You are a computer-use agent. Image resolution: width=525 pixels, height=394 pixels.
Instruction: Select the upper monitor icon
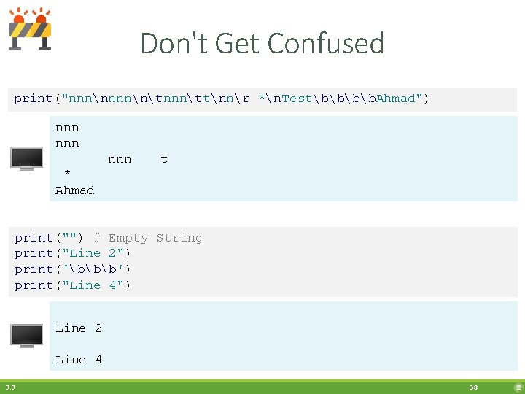point(26,158)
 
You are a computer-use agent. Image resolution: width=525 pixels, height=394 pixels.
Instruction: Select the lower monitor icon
point(26,335)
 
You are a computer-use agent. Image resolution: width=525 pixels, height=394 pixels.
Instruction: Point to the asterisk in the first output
point(67,174)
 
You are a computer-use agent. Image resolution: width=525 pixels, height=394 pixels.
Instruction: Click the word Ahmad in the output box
point(75,190)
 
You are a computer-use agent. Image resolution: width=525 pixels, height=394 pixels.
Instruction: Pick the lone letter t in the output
point(164,159)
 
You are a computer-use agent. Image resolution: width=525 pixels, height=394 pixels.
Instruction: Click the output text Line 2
point(79,328)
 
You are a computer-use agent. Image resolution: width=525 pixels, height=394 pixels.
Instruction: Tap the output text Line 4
point(79,359)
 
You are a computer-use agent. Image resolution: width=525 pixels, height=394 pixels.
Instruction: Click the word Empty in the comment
point(128,238)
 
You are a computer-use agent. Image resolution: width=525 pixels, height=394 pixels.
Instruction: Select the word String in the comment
point(179,238)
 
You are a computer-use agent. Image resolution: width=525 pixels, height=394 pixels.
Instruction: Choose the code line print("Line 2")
point(73,253)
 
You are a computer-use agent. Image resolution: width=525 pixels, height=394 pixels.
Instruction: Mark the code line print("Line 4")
point(73,285)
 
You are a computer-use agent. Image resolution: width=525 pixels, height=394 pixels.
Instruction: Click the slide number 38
point(474,387)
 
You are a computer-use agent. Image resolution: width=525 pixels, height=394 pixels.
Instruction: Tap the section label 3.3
point(9,387)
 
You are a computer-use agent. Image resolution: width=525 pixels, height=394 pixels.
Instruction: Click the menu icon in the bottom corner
point(518,387)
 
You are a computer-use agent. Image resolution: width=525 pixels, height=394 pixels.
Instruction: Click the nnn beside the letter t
point(120,159)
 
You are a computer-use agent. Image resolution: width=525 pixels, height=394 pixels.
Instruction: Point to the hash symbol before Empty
point(97,238)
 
